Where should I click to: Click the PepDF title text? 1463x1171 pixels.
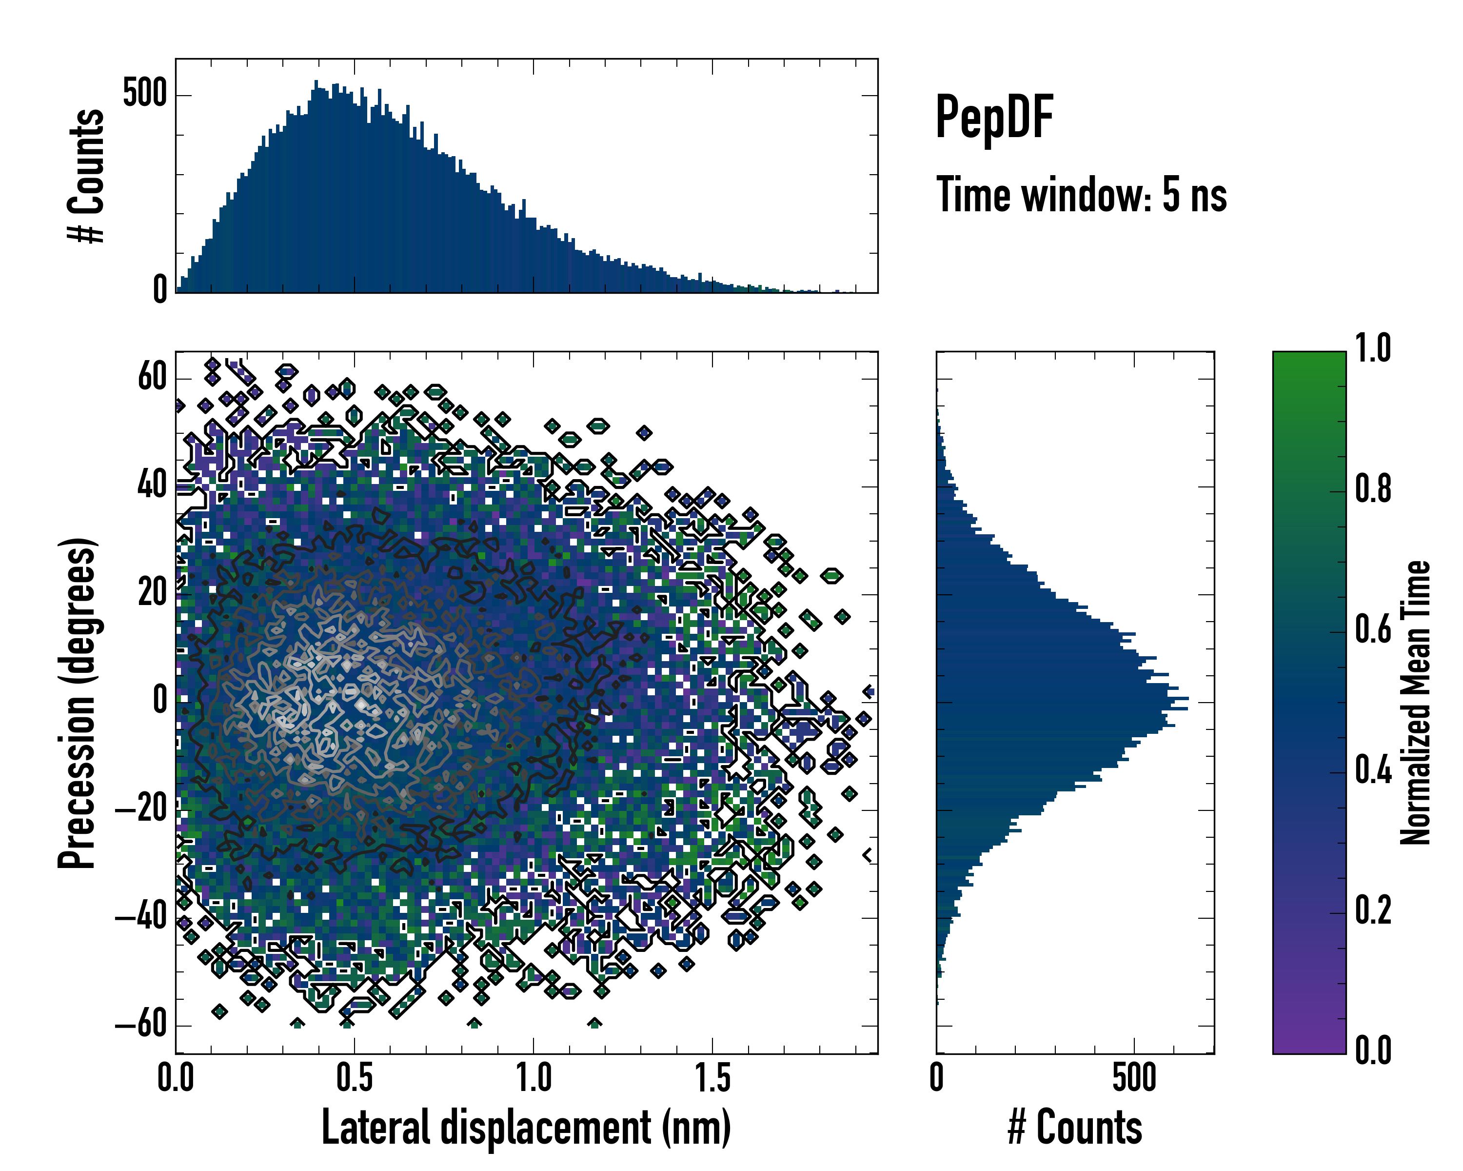coord(993,118)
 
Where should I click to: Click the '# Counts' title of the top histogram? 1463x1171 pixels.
coord(86,176)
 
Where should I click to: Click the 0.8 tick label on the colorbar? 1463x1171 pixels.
coord(1373,489)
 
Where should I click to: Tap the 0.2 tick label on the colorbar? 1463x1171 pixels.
coord(1373,909)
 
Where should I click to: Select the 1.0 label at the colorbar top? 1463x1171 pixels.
coord(1373,348)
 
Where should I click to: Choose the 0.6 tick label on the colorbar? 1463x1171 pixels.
coord(1373,629)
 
